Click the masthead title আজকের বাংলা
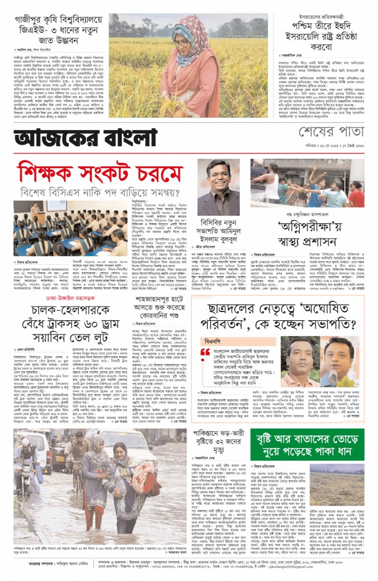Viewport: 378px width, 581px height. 85,138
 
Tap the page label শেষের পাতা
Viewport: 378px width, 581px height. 331,132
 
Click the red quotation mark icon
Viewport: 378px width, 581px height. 205,352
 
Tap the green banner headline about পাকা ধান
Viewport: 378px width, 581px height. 307,445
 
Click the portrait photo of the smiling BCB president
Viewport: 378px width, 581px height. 218,187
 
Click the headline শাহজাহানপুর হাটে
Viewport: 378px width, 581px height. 159,299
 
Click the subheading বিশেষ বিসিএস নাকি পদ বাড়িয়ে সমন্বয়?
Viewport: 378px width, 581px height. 100,193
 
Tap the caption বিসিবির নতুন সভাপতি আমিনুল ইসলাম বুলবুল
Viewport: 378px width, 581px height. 218,231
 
